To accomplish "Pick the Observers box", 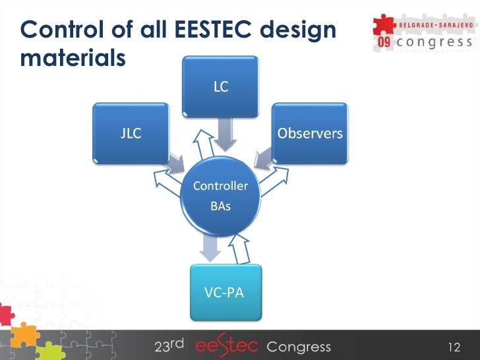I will [310, 133].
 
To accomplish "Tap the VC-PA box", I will [224, 292].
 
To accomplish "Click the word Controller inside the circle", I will [220, 186].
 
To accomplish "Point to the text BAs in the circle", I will [220, 206].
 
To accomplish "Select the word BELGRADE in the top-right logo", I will [417, 24].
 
